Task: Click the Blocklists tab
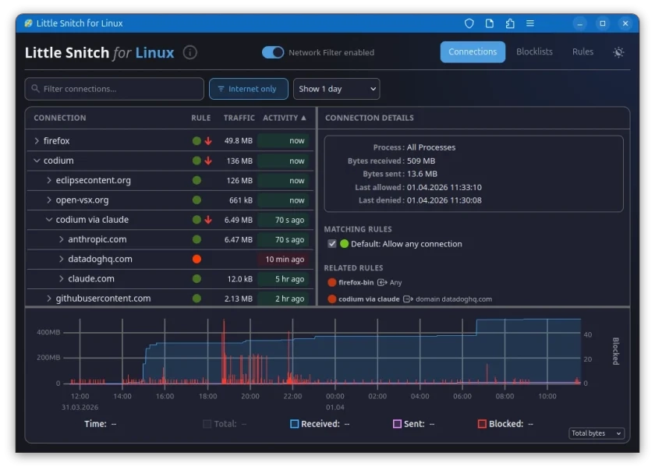534,52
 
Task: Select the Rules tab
582,52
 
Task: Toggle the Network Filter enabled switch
273,52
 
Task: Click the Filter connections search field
115,89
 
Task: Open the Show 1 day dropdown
336,89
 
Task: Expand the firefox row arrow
37,141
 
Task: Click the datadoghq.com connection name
100,259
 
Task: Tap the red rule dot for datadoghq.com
196,259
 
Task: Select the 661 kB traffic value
239,200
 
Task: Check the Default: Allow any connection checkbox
332,244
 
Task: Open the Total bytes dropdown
597,433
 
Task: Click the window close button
625,23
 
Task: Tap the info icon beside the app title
190,53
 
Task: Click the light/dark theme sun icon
618,52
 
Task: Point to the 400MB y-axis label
48,332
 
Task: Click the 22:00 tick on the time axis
292,396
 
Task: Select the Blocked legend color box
482,424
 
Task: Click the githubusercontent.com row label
103,299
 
